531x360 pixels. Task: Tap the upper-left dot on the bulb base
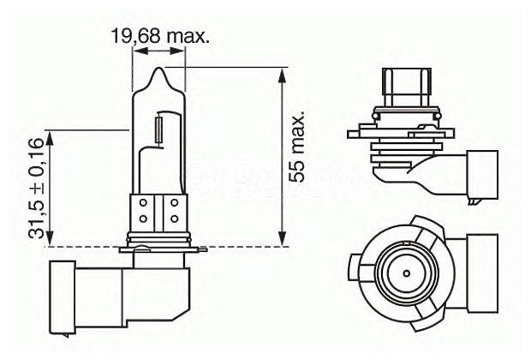143,202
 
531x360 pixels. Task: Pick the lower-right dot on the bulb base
174,214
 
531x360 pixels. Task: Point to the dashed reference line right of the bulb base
248,247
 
